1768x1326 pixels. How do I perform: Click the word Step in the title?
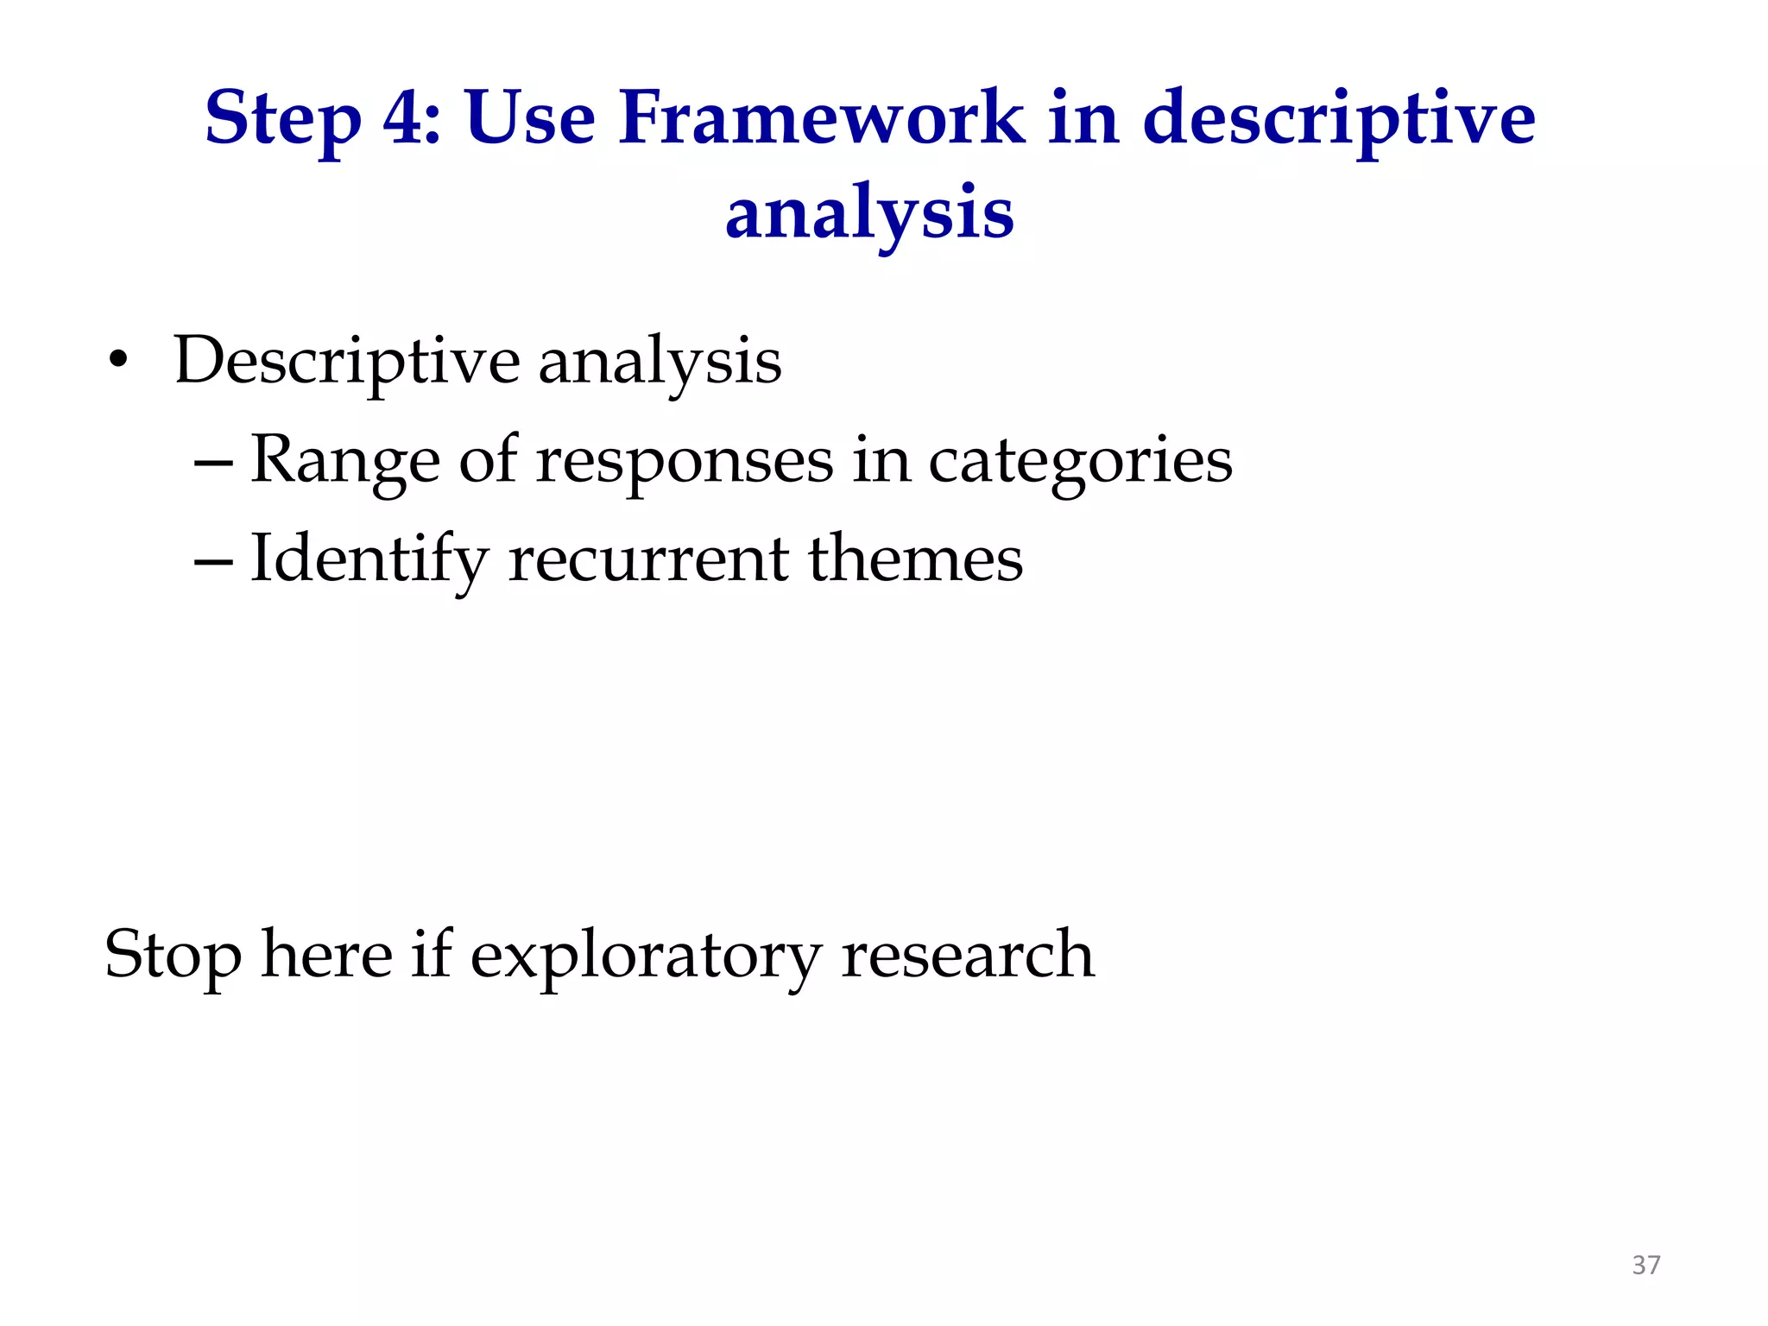click(282, 119)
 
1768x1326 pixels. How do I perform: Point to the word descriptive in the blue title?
click(1339, 119)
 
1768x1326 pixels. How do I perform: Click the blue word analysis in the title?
click(869, 213)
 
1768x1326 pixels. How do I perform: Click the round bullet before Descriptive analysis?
click(118, 360)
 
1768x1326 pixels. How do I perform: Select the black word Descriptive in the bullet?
click(346, 361)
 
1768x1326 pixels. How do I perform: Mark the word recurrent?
click(648, 559)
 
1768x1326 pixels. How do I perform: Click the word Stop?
click(173, 956)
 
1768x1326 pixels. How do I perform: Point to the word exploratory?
click(645, 956)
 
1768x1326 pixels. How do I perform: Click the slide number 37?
click(1645, 1265)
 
